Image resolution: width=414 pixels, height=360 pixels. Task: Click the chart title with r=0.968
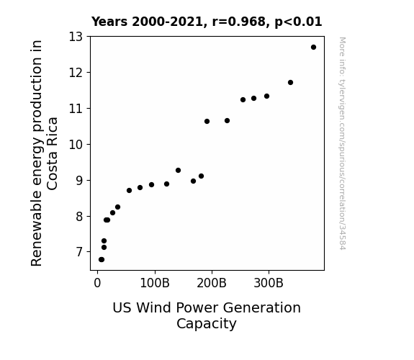tap(207, 22)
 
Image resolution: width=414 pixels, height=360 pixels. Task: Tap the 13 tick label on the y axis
tap(76, 37)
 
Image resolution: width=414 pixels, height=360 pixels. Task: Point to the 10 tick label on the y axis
tap(76, 145)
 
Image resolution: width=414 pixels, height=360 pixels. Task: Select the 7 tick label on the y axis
tap(79, 252)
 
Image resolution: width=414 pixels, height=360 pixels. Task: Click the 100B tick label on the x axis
tap(155, 283)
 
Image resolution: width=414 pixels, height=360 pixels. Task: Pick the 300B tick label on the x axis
tap(269, 283)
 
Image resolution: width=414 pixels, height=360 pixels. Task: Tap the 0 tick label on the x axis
tap(97, 283)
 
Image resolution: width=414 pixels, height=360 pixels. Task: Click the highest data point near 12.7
tap(313, 48)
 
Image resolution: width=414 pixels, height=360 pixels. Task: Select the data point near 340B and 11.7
tap(290, 82)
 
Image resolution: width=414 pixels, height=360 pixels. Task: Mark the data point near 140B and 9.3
tap(179, 171)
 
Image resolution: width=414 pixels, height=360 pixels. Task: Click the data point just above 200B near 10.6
tap(207, 121)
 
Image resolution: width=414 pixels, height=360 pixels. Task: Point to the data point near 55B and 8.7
tap(129, 190)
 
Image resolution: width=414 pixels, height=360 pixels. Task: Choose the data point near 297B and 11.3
tap(266, 96)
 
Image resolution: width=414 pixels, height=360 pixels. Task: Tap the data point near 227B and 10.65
tap(227, 121)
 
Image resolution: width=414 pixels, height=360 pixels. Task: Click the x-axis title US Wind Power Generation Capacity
tap(207, 315)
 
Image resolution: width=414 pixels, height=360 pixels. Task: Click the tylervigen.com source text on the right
tap(342, 143)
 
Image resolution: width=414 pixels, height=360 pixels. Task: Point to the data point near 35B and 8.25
tap(118, 207)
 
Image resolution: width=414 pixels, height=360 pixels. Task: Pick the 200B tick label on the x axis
tap(212, 283)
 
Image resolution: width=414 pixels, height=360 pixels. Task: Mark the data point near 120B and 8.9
tap(166, 184)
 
